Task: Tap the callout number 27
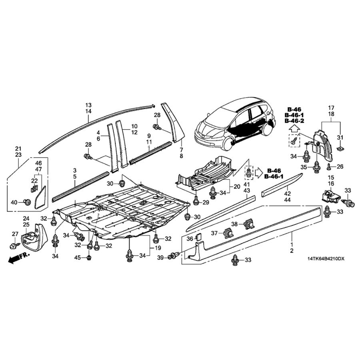coord(15,234)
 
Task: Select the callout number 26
coord(340,166)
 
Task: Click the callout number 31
coord(340,138)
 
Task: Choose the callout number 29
coord(206,203)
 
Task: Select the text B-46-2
coord(294,120)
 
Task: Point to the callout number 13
coord(88,105)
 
